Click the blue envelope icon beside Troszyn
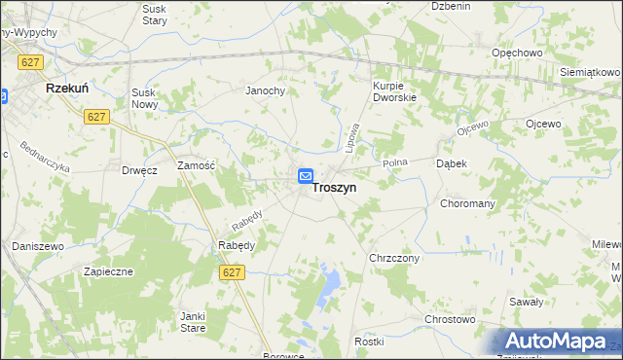click(305, 176)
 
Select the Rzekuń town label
click(68, 88)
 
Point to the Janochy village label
click(264, 90)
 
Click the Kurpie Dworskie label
click(394, 91)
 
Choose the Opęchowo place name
click(516, 53)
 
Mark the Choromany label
click(468, 204)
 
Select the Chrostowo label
click(449, 319)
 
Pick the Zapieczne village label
click(107, 271)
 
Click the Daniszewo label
click(37, 247)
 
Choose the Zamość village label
click(195, 166)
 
